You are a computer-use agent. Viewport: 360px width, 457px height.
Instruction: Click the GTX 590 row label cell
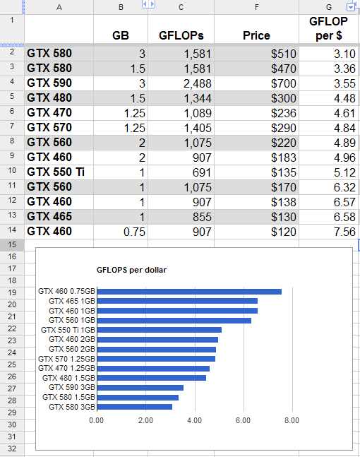pos(59,83)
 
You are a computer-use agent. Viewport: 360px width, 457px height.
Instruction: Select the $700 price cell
pos(256,83)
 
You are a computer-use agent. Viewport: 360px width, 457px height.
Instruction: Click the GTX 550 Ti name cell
pos(59,172)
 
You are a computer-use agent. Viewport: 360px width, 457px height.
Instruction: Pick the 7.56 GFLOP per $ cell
pos(329,232)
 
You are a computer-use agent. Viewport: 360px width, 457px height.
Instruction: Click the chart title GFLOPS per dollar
pos(132,270)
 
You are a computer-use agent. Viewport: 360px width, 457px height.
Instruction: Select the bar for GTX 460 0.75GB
pos(189,292)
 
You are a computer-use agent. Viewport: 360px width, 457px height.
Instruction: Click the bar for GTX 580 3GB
pos(135,407)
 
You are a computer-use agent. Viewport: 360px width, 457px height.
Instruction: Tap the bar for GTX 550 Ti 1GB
pos(160,330)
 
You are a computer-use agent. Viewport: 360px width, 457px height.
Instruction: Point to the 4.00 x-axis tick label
pos(194,420)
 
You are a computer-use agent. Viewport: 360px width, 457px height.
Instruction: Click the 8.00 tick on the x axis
pos(292,420)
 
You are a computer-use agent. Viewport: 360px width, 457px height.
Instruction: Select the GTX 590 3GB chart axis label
pos(72,387)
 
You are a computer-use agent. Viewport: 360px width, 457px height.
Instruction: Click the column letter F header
pos(256,7)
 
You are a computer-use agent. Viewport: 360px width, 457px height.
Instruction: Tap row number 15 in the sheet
pos(12,244)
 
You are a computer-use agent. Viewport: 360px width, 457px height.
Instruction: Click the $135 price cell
pos(256,172)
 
